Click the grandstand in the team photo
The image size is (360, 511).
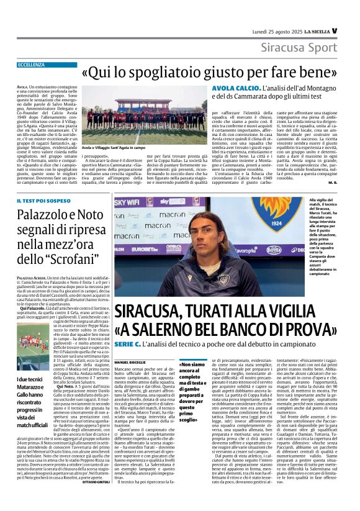click(143, 102)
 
